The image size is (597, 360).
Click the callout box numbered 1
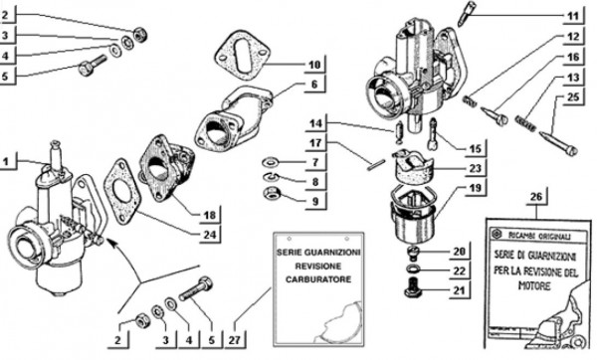[x=9, y=161]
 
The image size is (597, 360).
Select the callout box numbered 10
[x=314, y=66]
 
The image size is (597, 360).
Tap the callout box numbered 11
[x=572, y=16]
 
